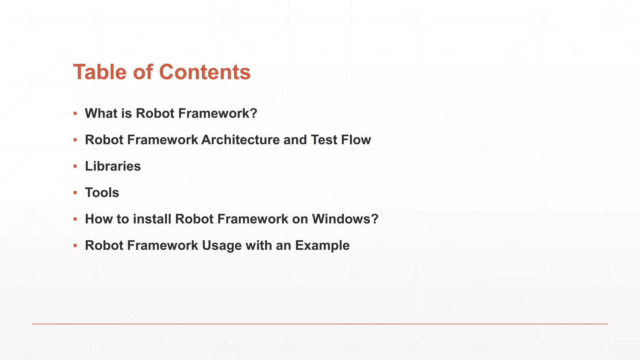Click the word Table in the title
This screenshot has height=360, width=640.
click(x=100, y=72)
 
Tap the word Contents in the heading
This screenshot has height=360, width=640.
click(x=205, y=72)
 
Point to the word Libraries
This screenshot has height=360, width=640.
click(x=113, y=166)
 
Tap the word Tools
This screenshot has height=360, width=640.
click(x=102, y=193)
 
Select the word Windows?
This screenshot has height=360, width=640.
click(x=345, y=219)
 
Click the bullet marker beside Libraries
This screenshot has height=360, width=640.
click(x=75, y=166)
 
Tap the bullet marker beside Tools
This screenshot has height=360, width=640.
click(x=75, y=193)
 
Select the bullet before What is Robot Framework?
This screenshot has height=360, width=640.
click(x=75, y=113)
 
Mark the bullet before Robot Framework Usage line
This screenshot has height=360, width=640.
click(x=75, y=246)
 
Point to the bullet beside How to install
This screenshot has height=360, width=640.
click(x=75, y=219)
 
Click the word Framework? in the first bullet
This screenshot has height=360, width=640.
click(x=217, y=113)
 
